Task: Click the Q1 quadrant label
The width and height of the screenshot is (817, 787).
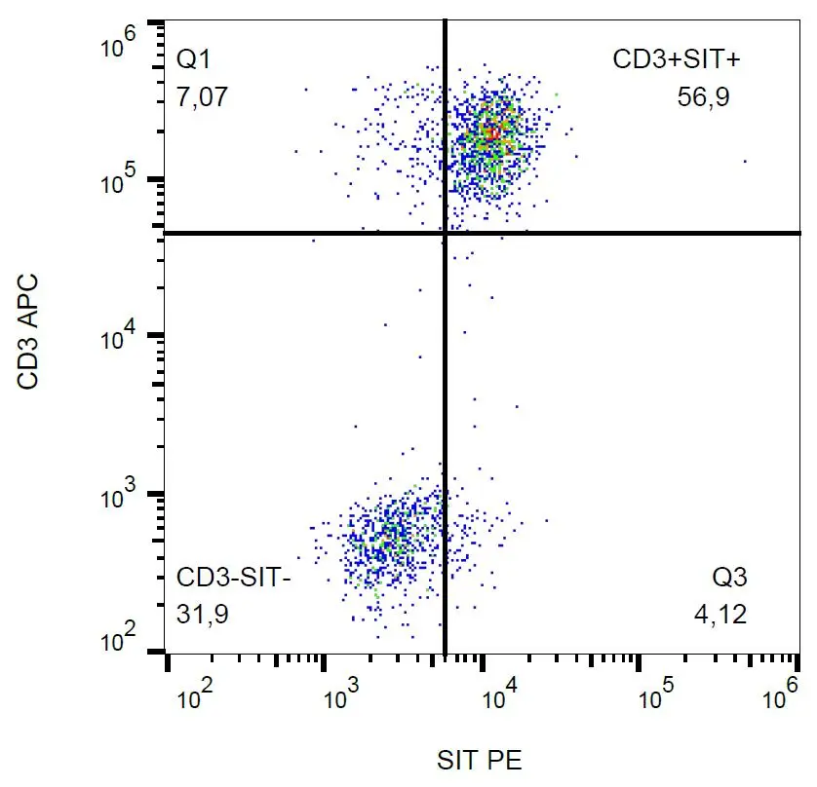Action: (192, 60)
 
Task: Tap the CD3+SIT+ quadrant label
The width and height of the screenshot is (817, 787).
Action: (677, 60)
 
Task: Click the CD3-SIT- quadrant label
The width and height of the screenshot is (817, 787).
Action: (234, 578)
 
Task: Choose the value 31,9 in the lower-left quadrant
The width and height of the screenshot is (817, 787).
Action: (202, 615)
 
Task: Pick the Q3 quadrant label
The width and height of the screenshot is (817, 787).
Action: (729, 578)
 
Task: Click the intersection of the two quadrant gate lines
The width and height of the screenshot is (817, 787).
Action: (445, 233)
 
